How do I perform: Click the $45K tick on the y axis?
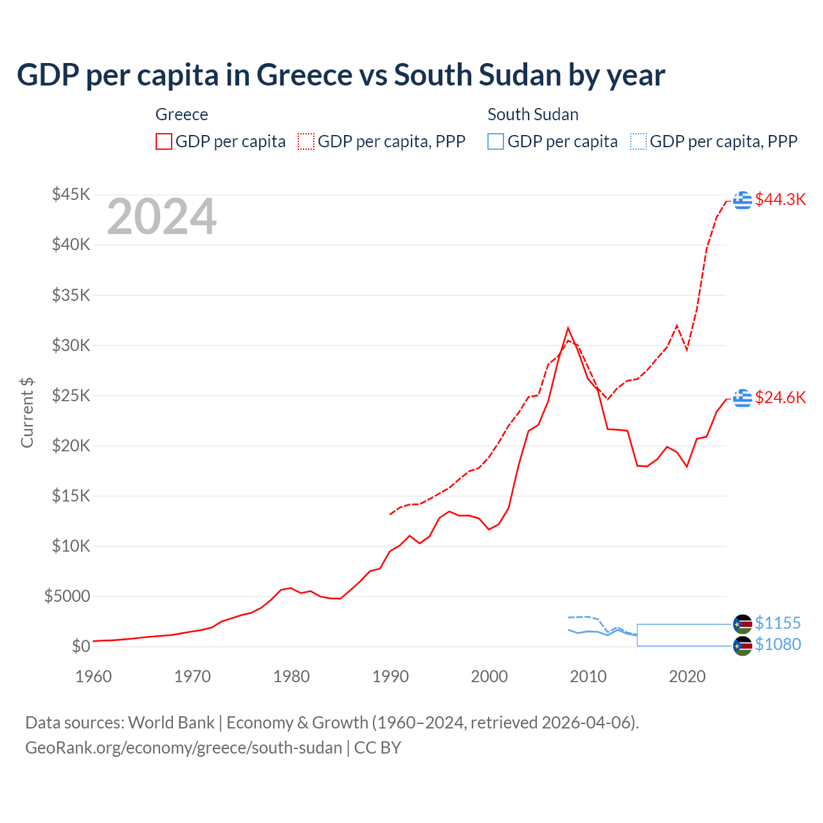71,194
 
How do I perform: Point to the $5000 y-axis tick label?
67,596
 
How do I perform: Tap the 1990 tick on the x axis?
390,676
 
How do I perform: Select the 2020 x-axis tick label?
687,676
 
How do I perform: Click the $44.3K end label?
780,199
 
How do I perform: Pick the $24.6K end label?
780,397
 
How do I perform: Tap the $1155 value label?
777,623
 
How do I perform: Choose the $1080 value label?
777,644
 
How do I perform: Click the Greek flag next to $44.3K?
743,200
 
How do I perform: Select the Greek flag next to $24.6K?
743,398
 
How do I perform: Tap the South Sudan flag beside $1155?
743,624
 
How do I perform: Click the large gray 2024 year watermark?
161,217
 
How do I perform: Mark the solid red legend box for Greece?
164,141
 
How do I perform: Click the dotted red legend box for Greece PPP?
306,141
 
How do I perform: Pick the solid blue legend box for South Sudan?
496,141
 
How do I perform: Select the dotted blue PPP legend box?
638,141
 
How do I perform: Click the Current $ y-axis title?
27,412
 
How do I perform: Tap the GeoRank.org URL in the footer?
183,748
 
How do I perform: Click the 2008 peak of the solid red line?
568,328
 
